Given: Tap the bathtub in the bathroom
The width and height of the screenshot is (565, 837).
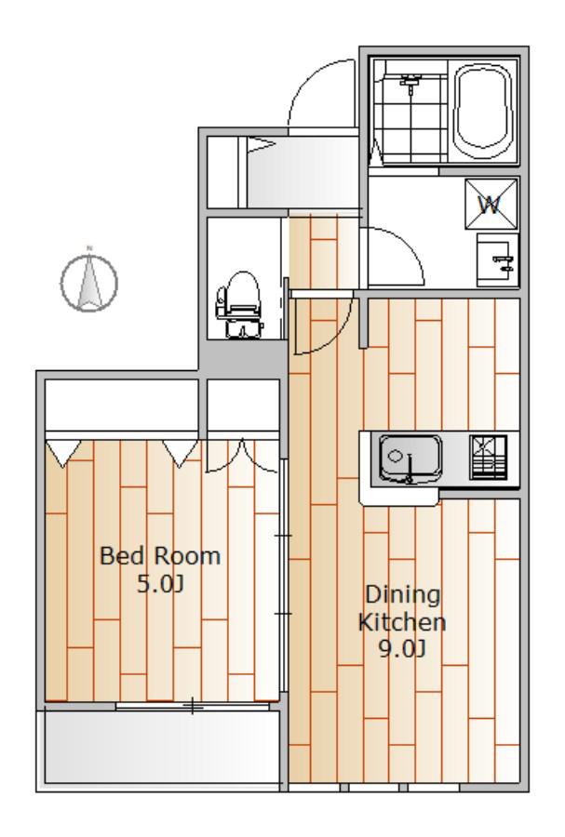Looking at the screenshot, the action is click(x=483, y=111).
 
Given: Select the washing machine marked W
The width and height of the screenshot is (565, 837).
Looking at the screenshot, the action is click(x=491, y=205).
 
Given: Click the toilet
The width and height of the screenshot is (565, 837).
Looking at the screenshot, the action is click(x=240, y=305).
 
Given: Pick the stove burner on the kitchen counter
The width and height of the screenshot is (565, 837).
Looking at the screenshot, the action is click(x=488, y=458).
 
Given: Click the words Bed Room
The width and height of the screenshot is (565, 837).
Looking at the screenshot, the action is click(x=160, y=556).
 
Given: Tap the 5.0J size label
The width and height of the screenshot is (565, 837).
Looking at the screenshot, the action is click(x=160, y=584).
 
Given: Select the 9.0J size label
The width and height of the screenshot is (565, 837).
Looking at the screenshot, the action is click(x=401, y=648).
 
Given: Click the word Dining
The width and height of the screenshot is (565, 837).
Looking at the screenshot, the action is click(x=403, y=594).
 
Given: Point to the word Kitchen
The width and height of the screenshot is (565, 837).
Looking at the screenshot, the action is click(x=401, y=622).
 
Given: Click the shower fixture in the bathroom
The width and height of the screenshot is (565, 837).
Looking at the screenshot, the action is click(x=410, y=84).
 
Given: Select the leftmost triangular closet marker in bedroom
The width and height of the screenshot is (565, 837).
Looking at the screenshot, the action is click(x=63, y=453).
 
